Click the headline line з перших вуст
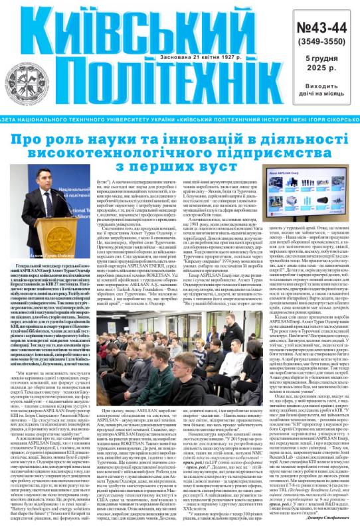pyautogui.click(x=179, y=161)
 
